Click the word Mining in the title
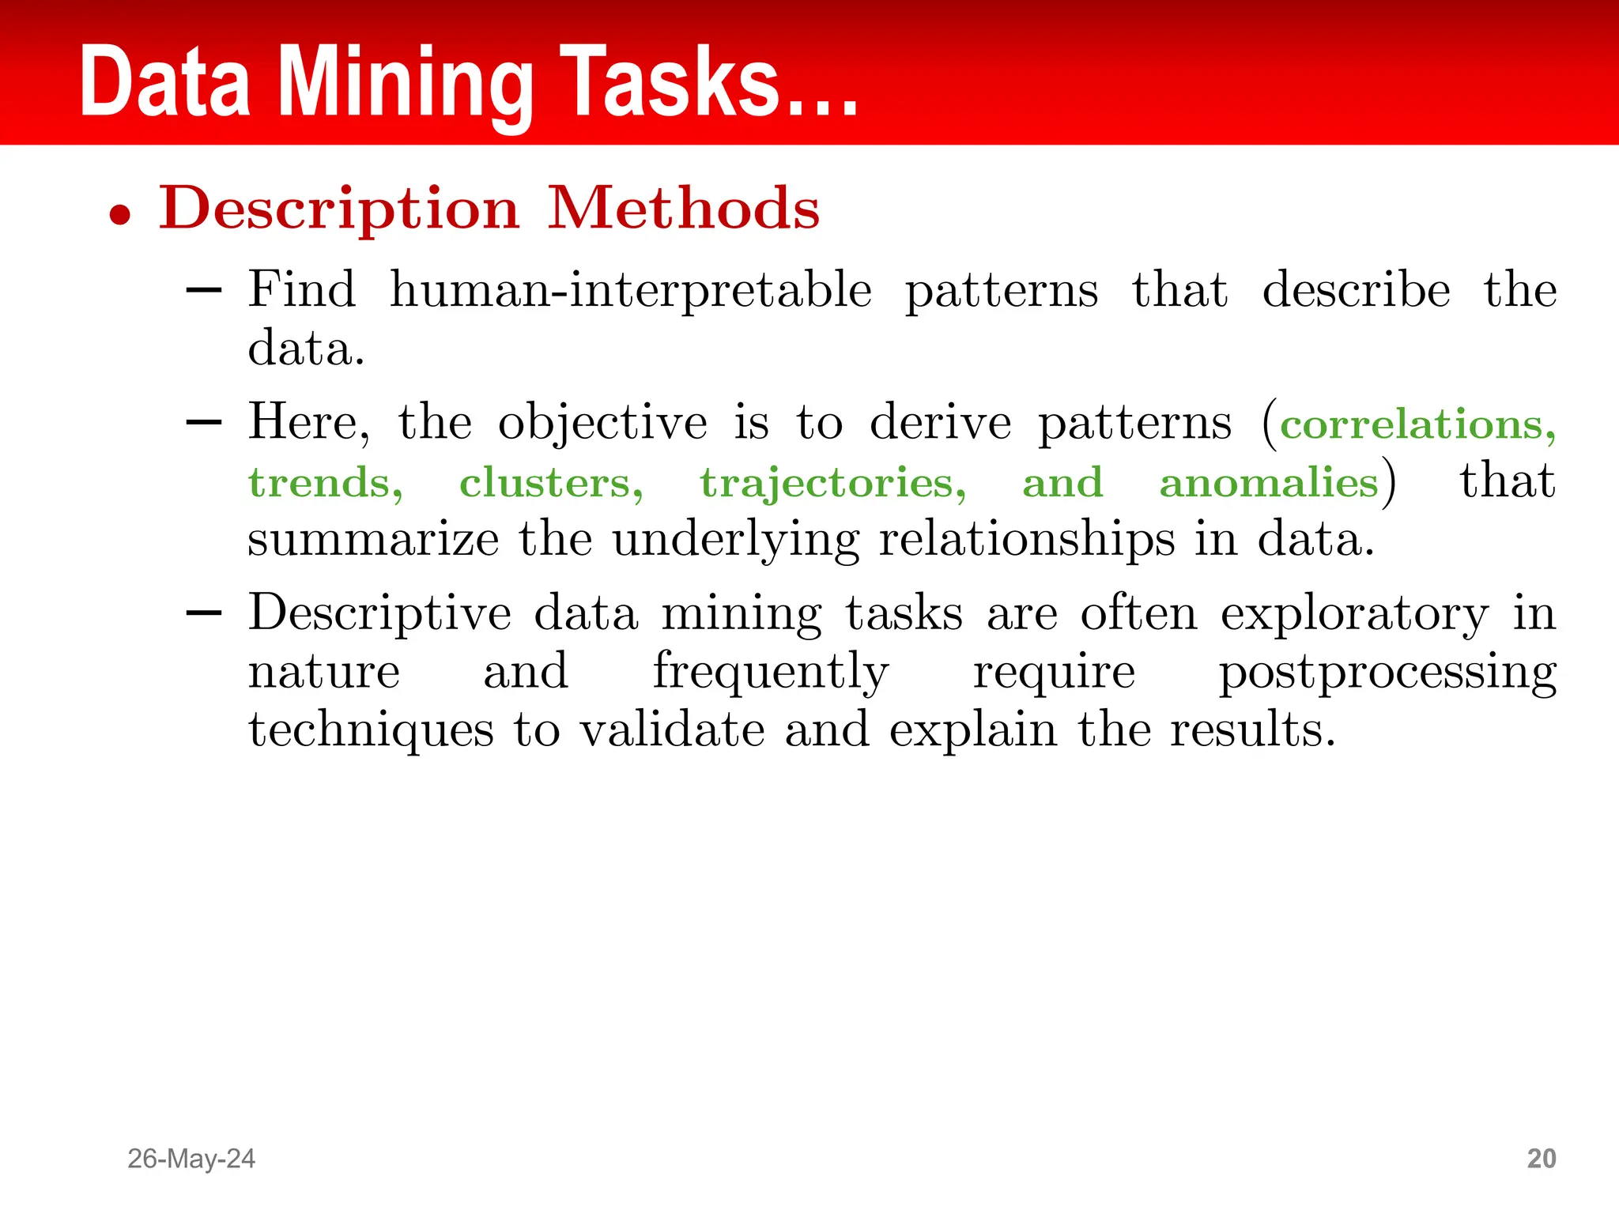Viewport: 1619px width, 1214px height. coord(406,83)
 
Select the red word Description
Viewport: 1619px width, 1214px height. coord(339,209)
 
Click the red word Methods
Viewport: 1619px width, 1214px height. coord(684,209)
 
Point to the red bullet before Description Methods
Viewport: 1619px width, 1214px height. coord(120,214)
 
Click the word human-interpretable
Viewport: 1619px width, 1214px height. coord(631,290)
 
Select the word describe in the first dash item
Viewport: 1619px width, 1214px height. coord(1356,290)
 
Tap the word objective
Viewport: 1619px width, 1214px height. coord(602,423)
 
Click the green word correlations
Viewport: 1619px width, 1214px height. coord(1411,425)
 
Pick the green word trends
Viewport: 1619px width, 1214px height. coord(325,483)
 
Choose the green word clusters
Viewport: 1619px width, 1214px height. coord(551,483)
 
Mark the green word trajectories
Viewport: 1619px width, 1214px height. coord(832,484)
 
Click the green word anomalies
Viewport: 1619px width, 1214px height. coord(1269,483)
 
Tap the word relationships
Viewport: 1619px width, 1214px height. coord(1027,541)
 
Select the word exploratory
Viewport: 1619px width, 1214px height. coord(1354,614)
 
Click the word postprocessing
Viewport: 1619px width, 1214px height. coord(1387,673)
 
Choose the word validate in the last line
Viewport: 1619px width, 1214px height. coord(673,730)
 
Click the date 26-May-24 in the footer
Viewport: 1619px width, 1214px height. coord(191,1159)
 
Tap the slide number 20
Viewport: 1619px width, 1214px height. coord(1541,1159)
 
